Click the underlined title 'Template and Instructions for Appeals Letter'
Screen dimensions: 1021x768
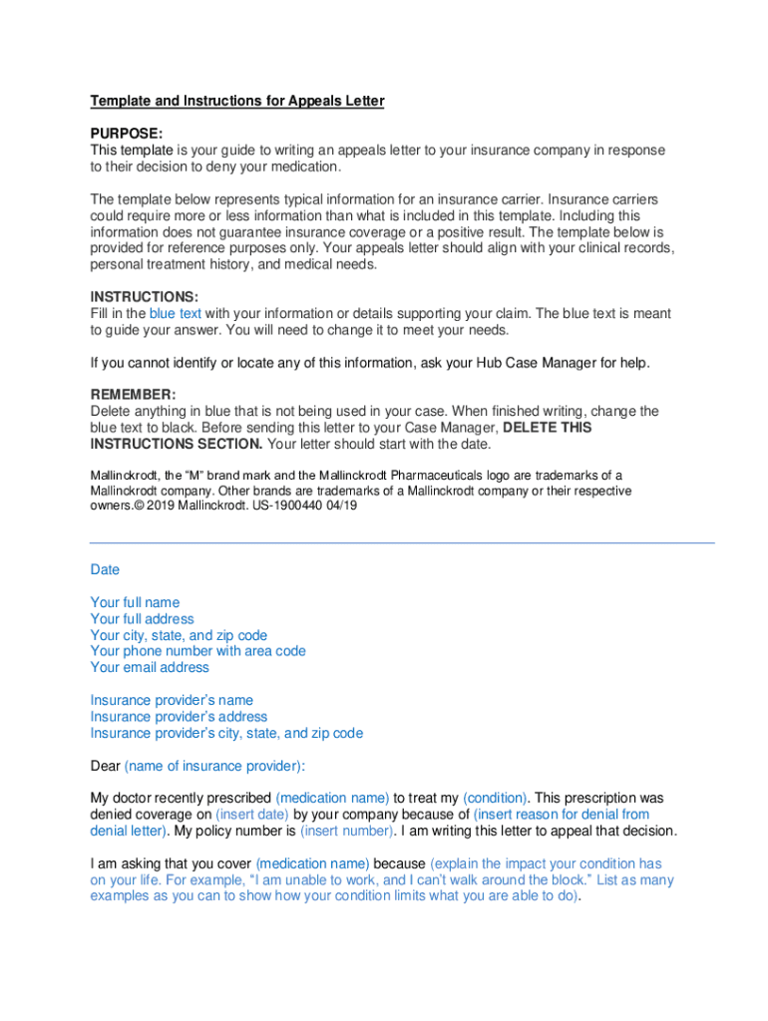[237, 101]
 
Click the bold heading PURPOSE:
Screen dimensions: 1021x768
[127, 134]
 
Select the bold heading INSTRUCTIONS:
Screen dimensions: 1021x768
[145, 297]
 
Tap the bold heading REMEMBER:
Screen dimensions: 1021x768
[133, 395]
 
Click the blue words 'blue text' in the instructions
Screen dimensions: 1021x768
[176, 313]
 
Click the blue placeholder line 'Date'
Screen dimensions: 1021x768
[105, 569]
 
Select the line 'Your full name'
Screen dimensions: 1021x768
[135, 602]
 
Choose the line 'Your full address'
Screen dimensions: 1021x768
[142, 619]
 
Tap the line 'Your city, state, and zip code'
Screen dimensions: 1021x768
[179, 635]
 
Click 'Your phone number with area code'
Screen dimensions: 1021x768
[197, 651]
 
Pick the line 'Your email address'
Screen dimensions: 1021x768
[150, 667]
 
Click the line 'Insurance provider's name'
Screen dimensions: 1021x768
[172, 700]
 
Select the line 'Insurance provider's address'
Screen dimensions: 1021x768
[179, 716]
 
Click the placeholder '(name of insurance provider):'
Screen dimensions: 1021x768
[214, 766]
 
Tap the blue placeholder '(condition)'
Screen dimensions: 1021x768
[495, 798]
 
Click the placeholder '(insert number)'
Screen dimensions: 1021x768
[346, 831]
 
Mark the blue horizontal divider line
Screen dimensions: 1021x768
[402, 542]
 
